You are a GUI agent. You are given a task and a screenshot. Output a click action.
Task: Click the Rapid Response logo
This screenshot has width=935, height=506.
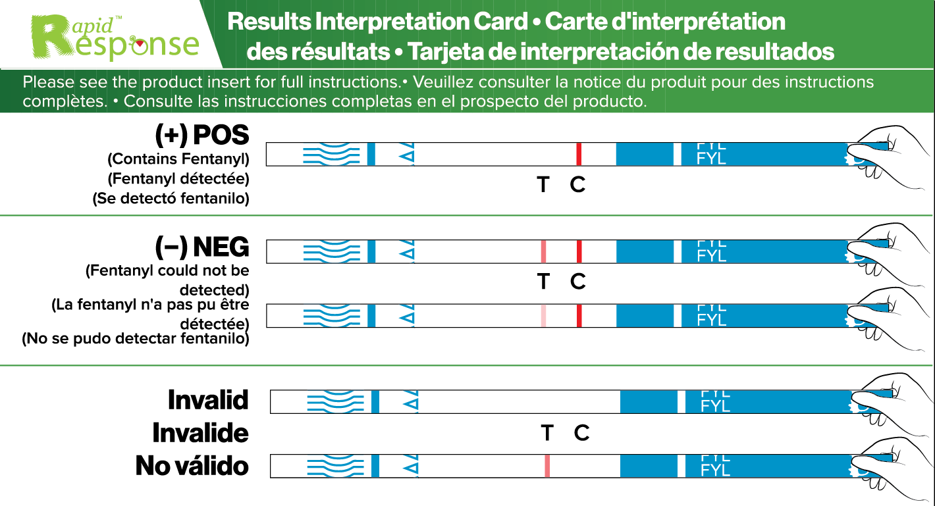click(116, 36)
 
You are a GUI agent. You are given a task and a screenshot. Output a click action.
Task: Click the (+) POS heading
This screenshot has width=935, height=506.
click(202, 135)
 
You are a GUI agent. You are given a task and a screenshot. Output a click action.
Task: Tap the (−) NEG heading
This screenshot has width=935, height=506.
click(202, 247)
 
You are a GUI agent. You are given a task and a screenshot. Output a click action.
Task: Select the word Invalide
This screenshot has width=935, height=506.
click(200, 434)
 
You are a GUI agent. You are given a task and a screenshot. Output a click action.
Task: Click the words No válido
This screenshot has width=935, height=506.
click(192, 466)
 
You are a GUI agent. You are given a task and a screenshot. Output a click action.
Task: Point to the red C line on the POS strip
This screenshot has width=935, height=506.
click(579, 155)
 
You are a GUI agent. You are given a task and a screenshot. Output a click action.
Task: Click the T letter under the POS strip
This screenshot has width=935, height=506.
click(543, 185)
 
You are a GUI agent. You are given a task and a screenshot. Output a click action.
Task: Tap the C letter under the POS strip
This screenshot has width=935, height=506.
click(577, 185)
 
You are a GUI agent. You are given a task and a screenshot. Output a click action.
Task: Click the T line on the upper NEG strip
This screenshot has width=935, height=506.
click(543, 251)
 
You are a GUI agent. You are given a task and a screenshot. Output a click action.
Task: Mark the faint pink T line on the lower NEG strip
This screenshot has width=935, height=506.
click(543, 316)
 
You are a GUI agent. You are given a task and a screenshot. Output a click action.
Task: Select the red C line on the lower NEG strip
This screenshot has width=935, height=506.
click(579, 316)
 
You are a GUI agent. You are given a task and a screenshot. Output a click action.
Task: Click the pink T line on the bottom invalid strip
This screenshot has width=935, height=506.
click(547, 466)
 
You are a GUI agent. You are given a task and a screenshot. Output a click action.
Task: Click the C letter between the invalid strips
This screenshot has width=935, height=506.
click(581, 433)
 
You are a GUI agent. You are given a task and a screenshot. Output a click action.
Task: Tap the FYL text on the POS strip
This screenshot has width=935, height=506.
click(711, 158)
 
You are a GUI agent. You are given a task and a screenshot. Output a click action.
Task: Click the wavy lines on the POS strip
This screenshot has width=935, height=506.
click(331, 155)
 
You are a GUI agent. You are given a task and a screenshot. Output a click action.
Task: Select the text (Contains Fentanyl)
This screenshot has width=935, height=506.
click(178, 159)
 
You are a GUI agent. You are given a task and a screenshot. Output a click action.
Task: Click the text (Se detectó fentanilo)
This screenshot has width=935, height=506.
click(171, 199)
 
